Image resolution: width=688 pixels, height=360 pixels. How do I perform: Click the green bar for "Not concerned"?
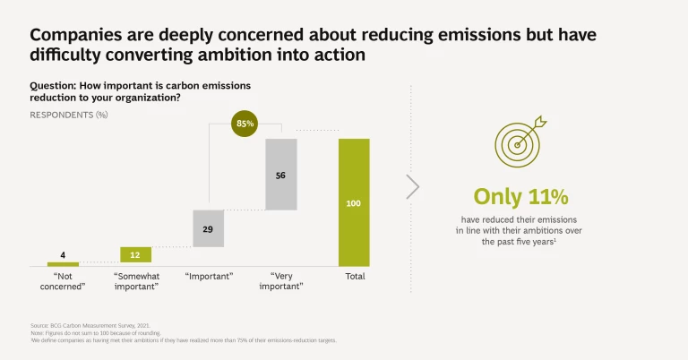point(63,264)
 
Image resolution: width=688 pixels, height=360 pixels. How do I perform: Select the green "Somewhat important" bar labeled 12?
point(136,255)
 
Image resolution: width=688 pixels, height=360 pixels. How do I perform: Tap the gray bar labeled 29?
point(208,228)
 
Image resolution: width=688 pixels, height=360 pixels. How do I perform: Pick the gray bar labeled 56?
point(281,175)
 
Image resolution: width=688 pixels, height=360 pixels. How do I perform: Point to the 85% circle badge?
point(245,123)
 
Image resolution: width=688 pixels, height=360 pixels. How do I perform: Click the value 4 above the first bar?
point(63,254)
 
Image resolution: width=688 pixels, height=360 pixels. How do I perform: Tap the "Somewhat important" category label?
point(136,281)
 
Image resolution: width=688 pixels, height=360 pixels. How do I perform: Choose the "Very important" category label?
point(281,281)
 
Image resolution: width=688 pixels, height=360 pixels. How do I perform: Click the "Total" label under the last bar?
point(355,277)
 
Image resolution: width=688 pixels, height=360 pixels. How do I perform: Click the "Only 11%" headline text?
point(520,196)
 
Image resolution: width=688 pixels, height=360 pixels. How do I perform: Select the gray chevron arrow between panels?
point(412,186)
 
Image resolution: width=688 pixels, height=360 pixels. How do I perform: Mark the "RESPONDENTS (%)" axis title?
point(69,116)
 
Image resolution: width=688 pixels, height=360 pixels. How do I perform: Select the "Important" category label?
point(208,277)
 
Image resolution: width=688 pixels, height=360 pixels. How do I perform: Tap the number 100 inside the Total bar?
point(354,204)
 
